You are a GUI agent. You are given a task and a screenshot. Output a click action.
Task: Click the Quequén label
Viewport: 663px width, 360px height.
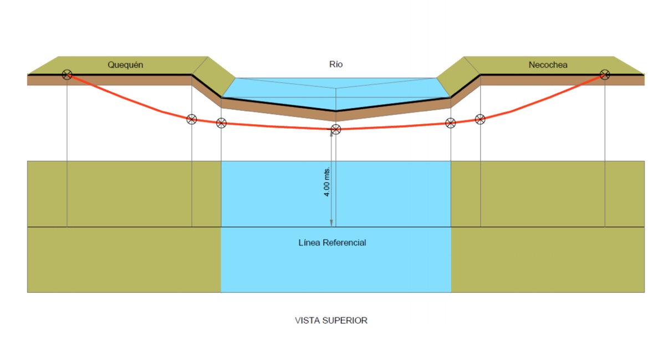pyautogui.click(x=125, y=65)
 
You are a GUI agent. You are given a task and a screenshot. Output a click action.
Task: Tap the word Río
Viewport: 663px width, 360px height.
pyautogui.click(x=336, y=64)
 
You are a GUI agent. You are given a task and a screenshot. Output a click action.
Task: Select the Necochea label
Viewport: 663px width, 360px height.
pyautogui.click(x=548, y=65)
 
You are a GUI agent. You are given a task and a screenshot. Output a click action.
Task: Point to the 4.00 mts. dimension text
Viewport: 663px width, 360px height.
pyautogui.click(x=327, y=181)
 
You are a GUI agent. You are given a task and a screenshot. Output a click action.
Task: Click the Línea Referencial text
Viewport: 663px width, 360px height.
pyautogui.click(x=332, y=243)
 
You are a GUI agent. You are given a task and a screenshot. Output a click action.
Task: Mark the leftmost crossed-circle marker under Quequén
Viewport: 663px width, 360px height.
pyautogui.click(x=67, y=74)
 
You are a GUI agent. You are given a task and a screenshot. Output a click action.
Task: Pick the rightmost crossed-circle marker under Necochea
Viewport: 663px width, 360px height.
pyautogui.click(x=605, y=74)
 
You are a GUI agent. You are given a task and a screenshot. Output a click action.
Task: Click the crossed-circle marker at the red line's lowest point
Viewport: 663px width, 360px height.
pyautogui.click(x=335, y=130)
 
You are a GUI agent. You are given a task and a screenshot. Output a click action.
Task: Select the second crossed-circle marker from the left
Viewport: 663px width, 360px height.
pyautogui.click(x=191, y=119)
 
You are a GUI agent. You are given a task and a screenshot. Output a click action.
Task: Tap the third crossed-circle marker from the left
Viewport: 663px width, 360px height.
pyautogui.click(x=221, y=123)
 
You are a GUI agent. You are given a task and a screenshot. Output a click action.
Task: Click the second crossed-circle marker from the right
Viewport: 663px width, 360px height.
pyautogui.click(x=480, y=119)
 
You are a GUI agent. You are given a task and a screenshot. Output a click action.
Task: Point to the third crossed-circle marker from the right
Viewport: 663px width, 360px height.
pyautogui.click(x=451, y=123)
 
